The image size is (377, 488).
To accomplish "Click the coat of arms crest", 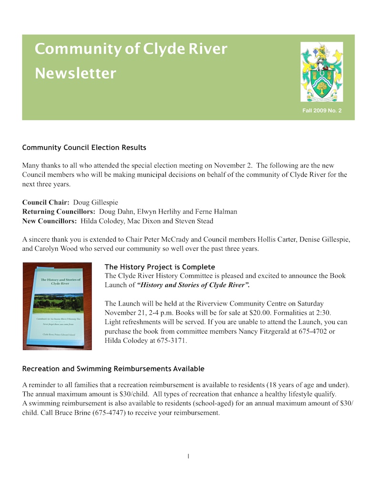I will coord(321,71).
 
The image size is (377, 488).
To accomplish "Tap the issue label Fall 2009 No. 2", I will coord(322,111).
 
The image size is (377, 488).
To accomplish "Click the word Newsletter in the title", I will coord(75,73).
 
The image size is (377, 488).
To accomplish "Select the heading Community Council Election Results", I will coord(84,147).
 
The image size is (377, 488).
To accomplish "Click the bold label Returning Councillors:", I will coord(59,212).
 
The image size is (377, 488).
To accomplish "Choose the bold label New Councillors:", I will coord(50,221).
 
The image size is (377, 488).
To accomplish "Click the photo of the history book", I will coord(57,306).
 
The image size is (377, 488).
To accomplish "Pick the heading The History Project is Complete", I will coord(160,267).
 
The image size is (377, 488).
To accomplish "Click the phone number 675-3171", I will coord(172,340).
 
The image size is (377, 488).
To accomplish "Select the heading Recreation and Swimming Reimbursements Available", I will coord(113,369).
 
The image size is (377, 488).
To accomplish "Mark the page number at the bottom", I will coord(188,457).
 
